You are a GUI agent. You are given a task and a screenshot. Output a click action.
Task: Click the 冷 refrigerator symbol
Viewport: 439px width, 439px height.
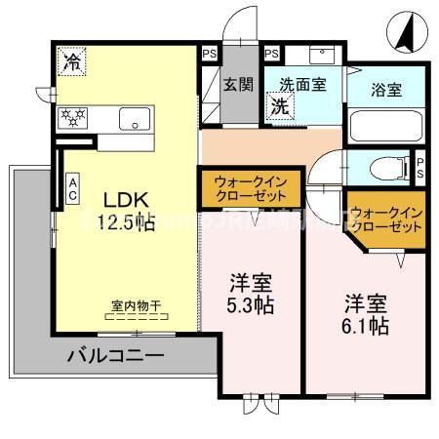pos(72,61)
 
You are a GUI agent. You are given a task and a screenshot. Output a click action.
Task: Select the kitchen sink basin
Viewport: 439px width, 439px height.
pos(134,118)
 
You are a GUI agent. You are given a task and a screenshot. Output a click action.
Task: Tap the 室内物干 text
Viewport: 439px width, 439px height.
pos(136,305)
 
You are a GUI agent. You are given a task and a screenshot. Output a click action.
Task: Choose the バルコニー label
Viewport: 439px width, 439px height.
pos(115,357)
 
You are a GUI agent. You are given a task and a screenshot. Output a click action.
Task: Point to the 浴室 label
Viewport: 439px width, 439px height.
pos(387,90)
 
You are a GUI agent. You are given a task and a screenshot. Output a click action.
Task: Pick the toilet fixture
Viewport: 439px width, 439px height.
pos(384,168)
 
